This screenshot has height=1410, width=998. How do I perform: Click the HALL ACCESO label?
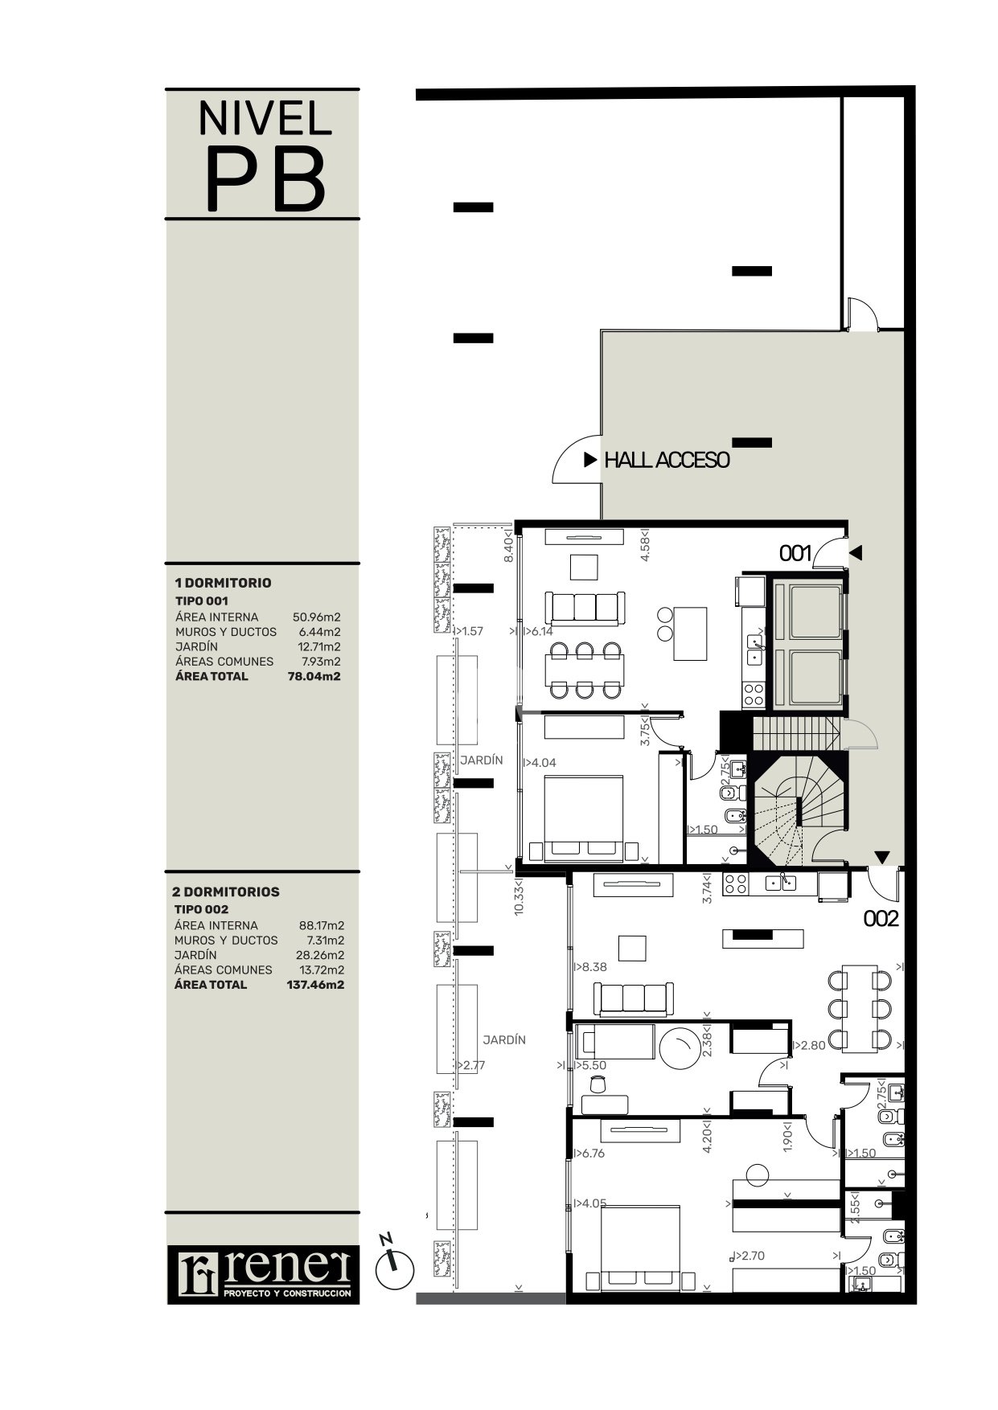(667, 461)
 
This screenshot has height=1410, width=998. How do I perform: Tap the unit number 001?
(795, 553)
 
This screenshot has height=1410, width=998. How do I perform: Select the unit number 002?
(881, 919)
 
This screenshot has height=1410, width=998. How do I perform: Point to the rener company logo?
(264, 1274)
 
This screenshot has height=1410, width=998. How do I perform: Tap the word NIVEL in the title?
(265, 118)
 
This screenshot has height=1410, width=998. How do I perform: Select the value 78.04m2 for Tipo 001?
(314, 677)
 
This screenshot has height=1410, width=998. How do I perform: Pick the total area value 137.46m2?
(315, 985)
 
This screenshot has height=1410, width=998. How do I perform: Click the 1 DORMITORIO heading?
(224, 583)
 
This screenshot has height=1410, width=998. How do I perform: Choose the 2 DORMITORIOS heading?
(227, 891)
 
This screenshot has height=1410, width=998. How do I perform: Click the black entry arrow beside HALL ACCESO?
(590, 461)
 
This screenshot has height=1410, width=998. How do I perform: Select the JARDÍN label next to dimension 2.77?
(504, 1040)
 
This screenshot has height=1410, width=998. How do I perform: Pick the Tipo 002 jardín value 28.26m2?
(318, 955)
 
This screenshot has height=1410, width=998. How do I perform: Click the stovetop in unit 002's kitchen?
(735, 884)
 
